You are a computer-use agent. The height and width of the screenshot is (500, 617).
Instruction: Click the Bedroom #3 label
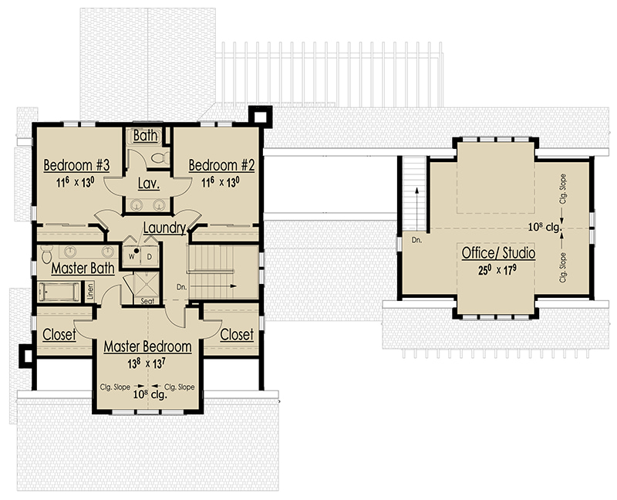[x=76, y=165]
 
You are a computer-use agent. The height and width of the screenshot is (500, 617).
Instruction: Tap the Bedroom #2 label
[x=221, y=165]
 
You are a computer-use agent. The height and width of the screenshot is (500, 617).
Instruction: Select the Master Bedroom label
[x=147, y=346]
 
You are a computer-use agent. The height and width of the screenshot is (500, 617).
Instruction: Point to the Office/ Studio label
[x=498, y=253]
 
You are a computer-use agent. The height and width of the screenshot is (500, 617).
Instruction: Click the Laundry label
[x=164, y=228]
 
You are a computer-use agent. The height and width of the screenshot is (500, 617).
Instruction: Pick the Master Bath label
[x=83, y=268]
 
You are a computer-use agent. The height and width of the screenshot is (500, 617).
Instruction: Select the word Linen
[x=90, y=292]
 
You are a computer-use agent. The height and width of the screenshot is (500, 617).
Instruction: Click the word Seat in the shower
[x=147, y=301]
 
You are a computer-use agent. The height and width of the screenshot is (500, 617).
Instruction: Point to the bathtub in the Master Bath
[x=59, y=292]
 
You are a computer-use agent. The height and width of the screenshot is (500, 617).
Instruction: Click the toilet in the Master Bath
[x=47, y=255]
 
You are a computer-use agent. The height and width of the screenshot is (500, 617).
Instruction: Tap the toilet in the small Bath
[x=160, y=158]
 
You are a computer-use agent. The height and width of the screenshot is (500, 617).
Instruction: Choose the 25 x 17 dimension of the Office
[x=497, y=270]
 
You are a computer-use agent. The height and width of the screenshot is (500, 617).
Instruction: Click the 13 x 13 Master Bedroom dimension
[x=146, y=363]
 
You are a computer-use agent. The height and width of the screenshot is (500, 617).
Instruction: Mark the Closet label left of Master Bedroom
[x=59, y=335]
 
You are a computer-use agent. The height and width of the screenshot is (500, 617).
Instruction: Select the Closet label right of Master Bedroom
[x=237, y=335]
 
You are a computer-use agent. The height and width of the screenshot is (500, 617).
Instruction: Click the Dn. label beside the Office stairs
[x=416, y=240]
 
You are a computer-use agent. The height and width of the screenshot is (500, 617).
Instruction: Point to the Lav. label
[x=149, y=183]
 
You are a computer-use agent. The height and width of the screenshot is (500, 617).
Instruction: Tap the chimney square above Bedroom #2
[x=260, y=117]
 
